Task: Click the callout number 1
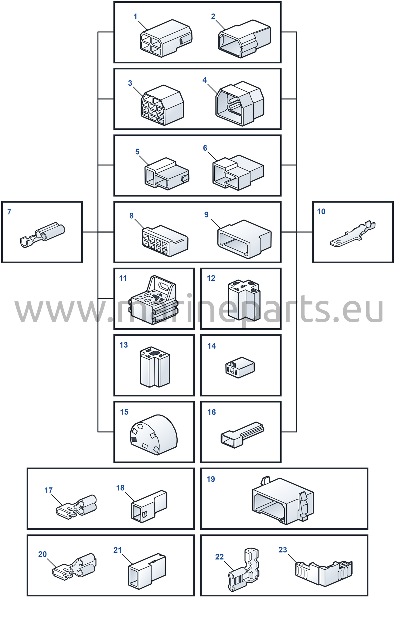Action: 135,17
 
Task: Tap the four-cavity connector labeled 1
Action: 166,38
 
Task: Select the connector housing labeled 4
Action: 240,104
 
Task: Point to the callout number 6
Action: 205,148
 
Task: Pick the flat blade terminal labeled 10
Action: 353,234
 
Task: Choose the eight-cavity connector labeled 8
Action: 165,241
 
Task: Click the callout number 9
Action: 206,215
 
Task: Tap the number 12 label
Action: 211,278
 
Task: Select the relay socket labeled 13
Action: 155,367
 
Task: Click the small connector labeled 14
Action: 240,367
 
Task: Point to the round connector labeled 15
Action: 153,435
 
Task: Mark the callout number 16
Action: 212,412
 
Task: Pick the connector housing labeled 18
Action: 149,506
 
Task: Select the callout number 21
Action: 117,550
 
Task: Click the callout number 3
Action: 130,83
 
